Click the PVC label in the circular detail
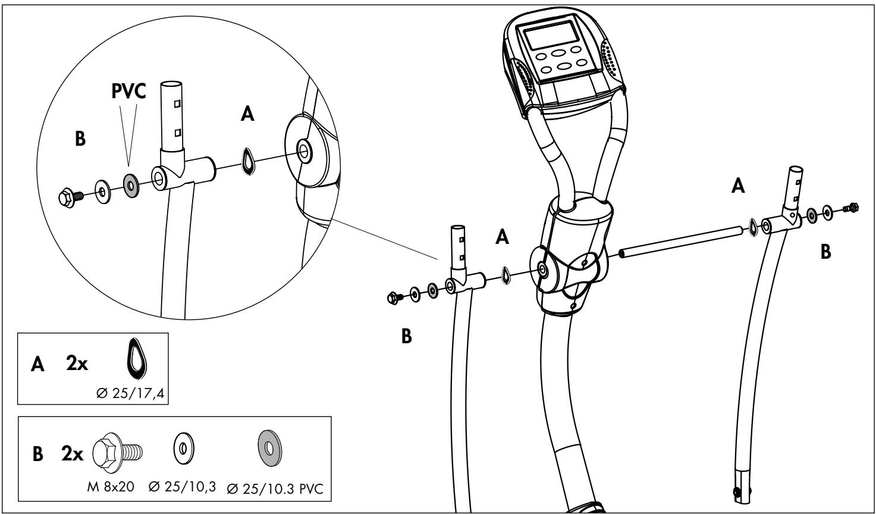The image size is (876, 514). pos(128,91)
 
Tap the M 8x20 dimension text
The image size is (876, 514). pos(111,487)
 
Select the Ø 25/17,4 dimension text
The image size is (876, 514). pos(131,393)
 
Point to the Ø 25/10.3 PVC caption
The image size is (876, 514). pos(275,488)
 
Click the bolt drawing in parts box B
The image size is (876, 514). pos(118,453)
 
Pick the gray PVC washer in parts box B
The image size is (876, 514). pos(270,448)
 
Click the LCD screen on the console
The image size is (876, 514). pos(551,35)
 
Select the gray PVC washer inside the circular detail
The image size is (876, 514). pos(131,186)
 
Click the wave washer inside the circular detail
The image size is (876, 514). pos(248,161)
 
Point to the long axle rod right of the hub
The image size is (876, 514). pos(680,242)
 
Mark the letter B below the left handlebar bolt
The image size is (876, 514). pos(407,336)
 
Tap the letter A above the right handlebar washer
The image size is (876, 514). pos(738,186)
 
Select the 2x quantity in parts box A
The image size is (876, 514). pos(77,363)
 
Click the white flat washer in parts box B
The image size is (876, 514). pos(183,449)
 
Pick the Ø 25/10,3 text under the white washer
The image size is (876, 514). pos(182,487)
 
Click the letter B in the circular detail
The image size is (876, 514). pos(80,139)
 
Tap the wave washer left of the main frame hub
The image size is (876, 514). pos(506,275)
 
